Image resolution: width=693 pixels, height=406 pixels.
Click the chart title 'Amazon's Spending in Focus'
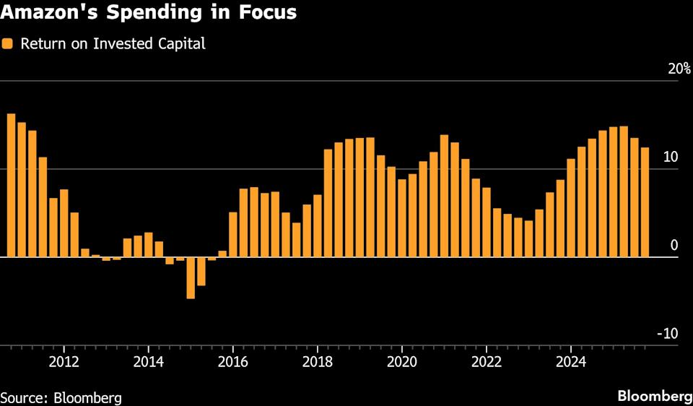pyautogui.click(x=148, y=13)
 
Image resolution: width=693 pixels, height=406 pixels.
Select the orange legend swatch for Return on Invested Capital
pyautogui.click(x=8, y=43)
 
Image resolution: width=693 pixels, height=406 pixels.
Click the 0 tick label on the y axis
pyautogui.click(x=674, y=246)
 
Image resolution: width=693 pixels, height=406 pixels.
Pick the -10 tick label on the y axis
pyautogui.click(x=667, y=334)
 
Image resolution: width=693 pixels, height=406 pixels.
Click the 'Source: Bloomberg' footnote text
pyautogui.click(x=61, y=397)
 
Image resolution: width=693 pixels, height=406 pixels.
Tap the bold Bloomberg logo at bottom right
pyautogui.click(x=655, y=396)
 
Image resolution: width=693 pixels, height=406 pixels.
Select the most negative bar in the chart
pyautogui.click(x=191, y=277)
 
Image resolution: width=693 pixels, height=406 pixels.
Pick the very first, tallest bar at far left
pyautogui.click(x=11, y=185)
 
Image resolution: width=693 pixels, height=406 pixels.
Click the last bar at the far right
pyautogui.click(x=645, y=202)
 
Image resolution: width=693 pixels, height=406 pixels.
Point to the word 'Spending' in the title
pyautogui.click(x=157, y=13)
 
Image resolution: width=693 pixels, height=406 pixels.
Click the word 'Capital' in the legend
pyautogui.click(x=183, y=43)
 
